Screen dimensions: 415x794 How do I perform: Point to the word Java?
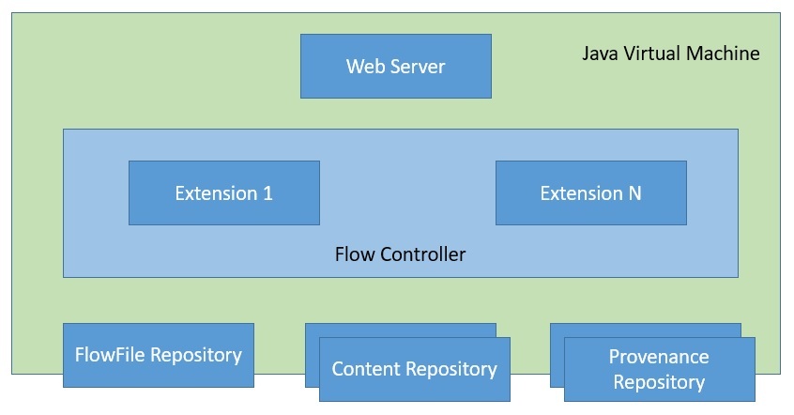coord(600,54)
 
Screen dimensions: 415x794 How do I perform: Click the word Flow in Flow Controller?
coord(353,254)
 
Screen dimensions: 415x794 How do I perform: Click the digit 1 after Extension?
coord(267,193)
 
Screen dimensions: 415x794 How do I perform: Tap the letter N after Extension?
coord(634,193)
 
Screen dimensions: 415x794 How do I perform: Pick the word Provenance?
coord(659,357)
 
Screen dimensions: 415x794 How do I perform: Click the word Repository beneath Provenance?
coord(659,382)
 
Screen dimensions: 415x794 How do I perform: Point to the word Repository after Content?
coord(451,369)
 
